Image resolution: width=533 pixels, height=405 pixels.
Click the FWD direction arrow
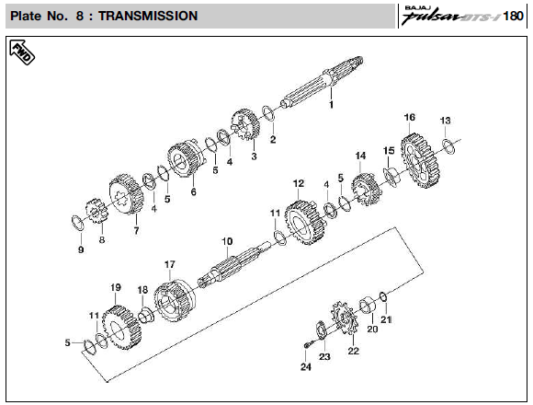22,52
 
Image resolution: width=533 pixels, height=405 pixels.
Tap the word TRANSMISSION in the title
148,16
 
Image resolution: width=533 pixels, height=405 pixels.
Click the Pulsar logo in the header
451,16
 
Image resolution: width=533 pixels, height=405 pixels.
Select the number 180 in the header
513,16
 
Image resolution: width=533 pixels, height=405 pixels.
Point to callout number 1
331,105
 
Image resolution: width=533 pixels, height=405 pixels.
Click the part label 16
409,118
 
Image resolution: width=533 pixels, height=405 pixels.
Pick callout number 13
445,121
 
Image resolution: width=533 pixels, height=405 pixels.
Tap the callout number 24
306,367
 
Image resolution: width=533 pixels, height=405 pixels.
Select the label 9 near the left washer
81,249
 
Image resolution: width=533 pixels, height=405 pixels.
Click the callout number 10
227,242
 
